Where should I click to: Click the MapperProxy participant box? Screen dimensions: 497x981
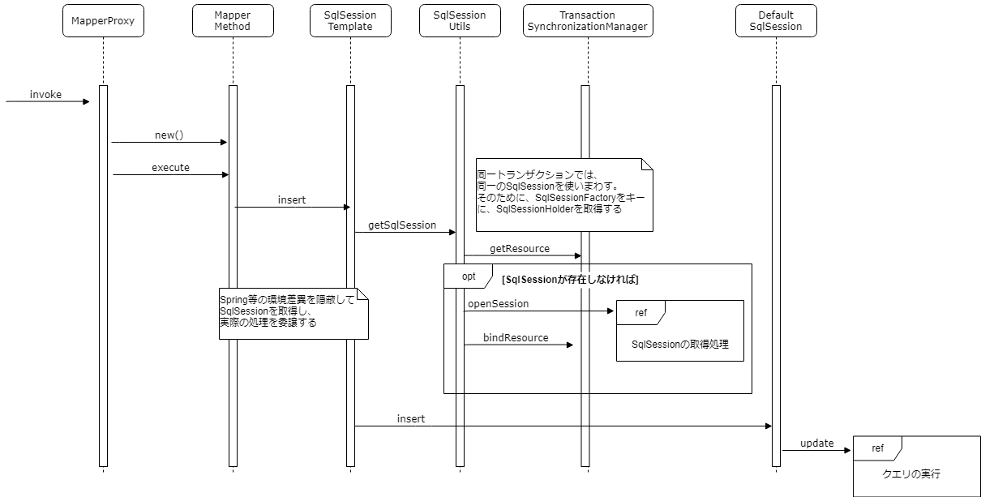(103, 20)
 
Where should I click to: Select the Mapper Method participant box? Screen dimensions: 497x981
(233, 20)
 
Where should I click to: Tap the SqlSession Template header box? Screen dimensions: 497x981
(349, 20)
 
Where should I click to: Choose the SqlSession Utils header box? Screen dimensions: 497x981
(459, 20)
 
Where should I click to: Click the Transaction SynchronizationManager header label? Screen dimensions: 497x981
(587, 20)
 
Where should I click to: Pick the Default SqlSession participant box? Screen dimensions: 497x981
(775, 20)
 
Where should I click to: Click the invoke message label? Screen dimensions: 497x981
(45, 95)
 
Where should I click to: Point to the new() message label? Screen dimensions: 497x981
(169, 135)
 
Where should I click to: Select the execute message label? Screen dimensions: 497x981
(170, 167)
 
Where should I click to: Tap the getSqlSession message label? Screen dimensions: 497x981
(402, 225)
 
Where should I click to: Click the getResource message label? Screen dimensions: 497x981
(519, 248)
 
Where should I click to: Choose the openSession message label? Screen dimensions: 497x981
(498, 303)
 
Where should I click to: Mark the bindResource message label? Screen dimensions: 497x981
(516, 337)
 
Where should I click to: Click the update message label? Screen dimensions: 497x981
(816, 443)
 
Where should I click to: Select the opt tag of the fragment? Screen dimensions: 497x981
(468, 276)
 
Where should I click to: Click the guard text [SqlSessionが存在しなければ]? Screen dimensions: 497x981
(571, 280)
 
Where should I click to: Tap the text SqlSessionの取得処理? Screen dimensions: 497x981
(679, 345)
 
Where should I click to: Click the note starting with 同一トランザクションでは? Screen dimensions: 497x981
(563, 195)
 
